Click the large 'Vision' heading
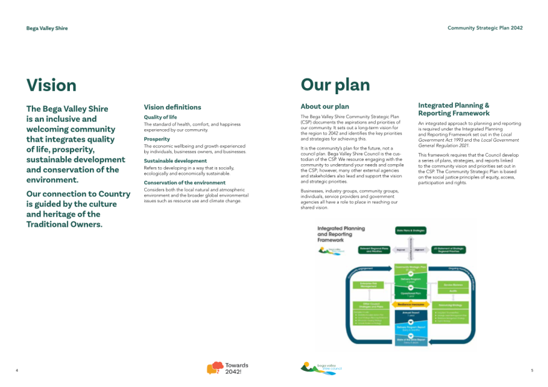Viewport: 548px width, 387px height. (51, 85)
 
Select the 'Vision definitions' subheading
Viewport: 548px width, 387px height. (172, 107)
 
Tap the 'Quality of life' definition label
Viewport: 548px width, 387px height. (160, 117)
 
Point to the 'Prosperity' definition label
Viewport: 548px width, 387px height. (157, 139)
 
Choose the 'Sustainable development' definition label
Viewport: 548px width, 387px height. (175, 161)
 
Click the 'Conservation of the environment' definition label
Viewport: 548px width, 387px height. (184, 183)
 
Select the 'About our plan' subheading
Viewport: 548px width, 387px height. (325, 107)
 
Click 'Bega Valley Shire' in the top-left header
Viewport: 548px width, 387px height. (47, 28)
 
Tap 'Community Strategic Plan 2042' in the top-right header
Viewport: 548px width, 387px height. (485, 28)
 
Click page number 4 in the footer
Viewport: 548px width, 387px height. (17, 371)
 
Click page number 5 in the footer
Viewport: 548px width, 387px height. (532, 371)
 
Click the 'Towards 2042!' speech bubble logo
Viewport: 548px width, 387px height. (227, 368)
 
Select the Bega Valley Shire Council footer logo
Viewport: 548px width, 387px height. (321, 368)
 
